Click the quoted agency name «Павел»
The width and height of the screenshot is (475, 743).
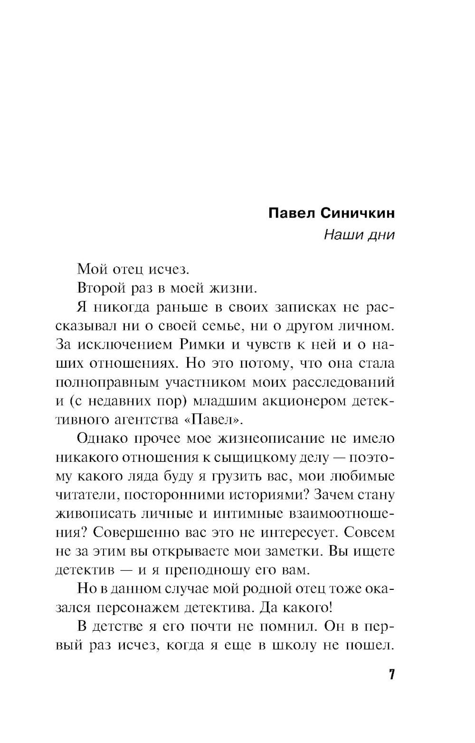click(216, 420)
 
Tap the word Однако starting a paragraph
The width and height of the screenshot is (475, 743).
click(105, 438)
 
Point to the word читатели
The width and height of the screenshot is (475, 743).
click(83, 495)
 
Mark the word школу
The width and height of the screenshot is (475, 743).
click(294, 645)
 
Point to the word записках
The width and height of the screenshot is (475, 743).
click(305, 307)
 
